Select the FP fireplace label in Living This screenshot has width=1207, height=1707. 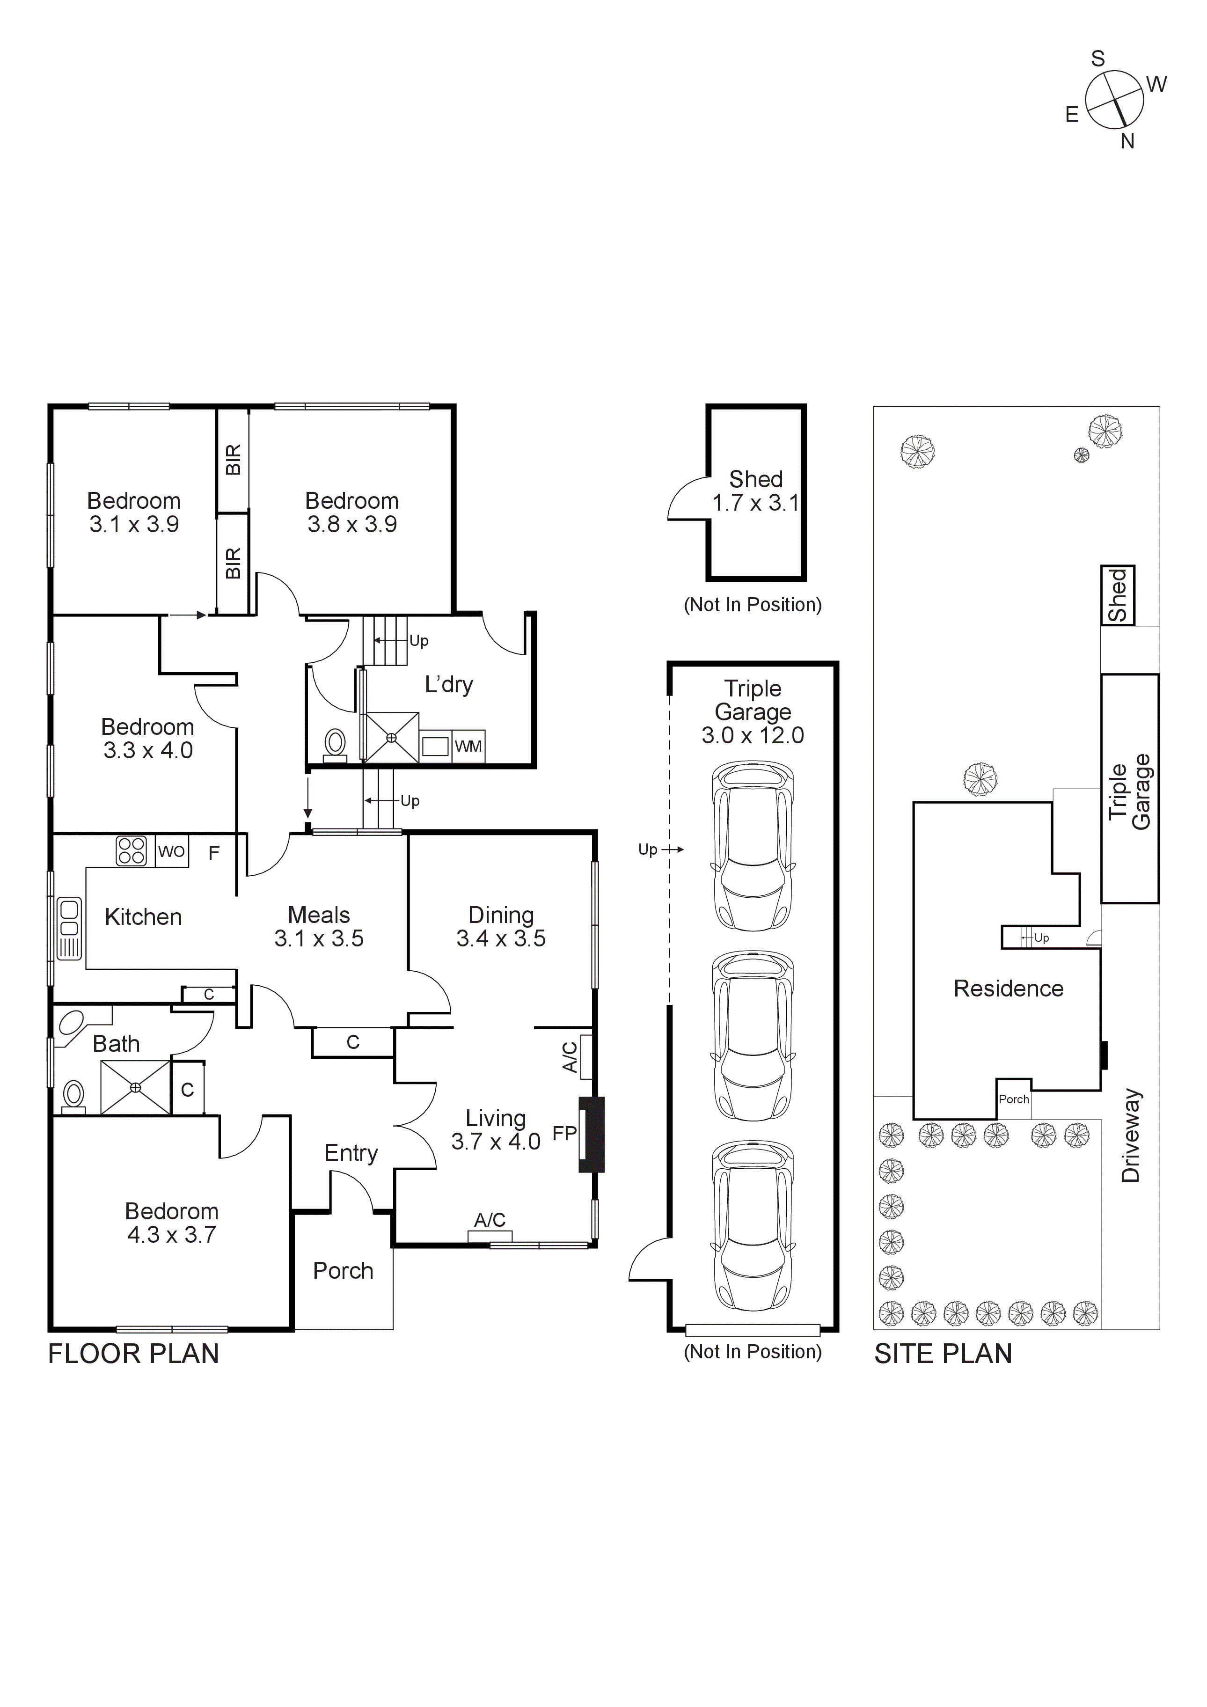pos(564,1133)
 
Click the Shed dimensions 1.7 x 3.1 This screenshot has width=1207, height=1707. pos(755,503)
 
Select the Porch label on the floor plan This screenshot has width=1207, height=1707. pos(343,1271)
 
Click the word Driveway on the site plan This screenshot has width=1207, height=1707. pos(1130,1136)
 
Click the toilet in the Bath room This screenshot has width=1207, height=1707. pos(73,1095)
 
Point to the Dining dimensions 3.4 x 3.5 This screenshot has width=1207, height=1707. pos(501,938)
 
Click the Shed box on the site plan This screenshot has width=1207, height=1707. pos(1117,595)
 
